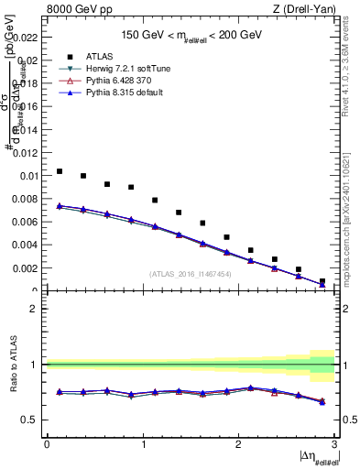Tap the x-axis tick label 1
(142, 444)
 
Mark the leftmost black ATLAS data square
(60, 171)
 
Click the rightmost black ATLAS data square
(322, 281)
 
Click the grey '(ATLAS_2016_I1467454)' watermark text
(190, 273)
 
